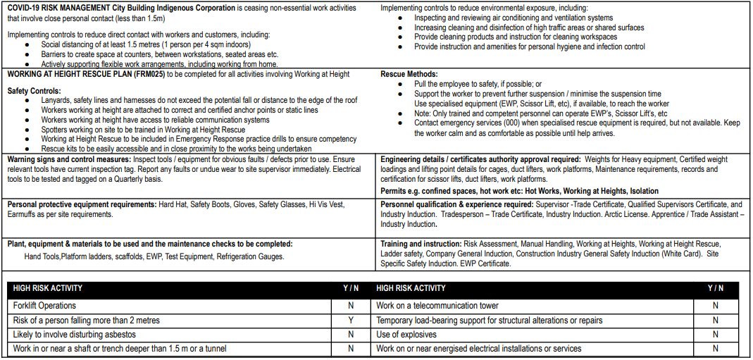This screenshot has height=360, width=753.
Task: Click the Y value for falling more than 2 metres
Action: coord(350,321)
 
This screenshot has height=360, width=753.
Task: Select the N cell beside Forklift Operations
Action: coord(350,306)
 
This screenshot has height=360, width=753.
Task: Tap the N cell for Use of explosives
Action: coord(715,335)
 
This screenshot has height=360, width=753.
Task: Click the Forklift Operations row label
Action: coord(44,306)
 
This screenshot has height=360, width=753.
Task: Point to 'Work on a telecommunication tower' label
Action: coord(437,306)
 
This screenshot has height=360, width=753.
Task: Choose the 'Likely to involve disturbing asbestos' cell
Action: coord(74,335)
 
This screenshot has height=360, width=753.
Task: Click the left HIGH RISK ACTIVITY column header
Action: coord(47,288)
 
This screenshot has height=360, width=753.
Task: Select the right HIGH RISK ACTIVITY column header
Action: coord(411,288)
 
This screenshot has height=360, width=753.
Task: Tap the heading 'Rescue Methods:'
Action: coord(409,74)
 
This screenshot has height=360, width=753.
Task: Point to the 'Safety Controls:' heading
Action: coord(34,91)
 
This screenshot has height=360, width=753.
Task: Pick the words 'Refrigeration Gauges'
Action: coord(251,257)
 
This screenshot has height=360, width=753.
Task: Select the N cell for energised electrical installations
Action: coord(715,349)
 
